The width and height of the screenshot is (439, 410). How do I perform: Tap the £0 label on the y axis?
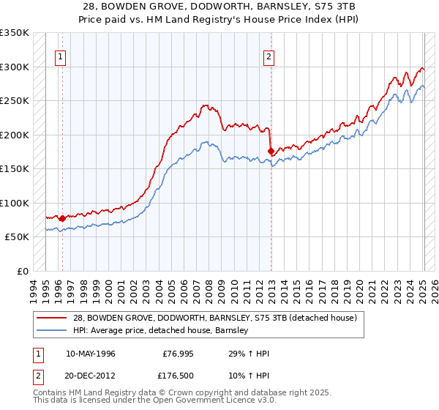click(22, 272)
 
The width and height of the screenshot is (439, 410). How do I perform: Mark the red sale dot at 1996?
click(63, 218)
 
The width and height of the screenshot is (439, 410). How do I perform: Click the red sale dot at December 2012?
click(271, 151)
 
